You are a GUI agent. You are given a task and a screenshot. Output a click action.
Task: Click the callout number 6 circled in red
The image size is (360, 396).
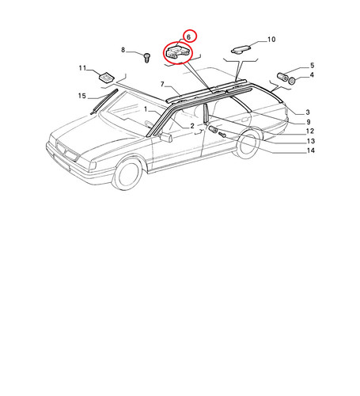coord(188,37)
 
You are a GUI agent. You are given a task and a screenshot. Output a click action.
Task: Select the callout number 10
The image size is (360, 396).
coord(271,40)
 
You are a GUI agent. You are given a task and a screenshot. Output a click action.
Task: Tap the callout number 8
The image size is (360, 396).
coord(123,50)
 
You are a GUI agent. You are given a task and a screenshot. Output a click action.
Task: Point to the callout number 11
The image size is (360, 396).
coord(82,68)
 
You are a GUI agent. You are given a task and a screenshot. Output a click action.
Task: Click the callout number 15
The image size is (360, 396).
coord(82,96)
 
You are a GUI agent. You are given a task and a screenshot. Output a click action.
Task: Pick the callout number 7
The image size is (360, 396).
coord(162,84)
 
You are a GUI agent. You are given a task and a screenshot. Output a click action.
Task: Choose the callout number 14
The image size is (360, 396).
coord(311,150)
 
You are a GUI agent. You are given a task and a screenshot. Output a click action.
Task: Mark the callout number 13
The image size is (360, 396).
coord(311,141)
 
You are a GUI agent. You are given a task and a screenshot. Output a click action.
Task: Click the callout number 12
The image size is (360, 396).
coord(310,131)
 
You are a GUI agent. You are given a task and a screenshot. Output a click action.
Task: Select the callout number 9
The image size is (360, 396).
coord(309,122)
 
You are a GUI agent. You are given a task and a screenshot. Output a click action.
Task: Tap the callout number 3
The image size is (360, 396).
coord(308,112)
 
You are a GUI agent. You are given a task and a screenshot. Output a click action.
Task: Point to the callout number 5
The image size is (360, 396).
coord(312,65)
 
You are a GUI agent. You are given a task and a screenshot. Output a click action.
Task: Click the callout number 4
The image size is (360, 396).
coord(312,75)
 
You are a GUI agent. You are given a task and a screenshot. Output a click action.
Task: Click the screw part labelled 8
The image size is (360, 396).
coord(147,58)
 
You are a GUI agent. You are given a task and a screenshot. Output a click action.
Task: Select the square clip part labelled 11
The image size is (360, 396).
coord(106,76)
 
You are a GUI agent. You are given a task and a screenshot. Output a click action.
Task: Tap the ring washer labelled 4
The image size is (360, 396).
coord(291,81)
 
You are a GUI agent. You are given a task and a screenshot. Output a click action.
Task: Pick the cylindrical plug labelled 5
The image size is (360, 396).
coord(282,77)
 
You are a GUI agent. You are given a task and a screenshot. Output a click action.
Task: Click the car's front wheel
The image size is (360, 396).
coord(127,173)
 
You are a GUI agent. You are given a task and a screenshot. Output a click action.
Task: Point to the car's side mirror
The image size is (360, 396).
coord(166,137)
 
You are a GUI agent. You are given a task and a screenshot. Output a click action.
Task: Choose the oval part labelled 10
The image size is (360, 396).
coord(241,49)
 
